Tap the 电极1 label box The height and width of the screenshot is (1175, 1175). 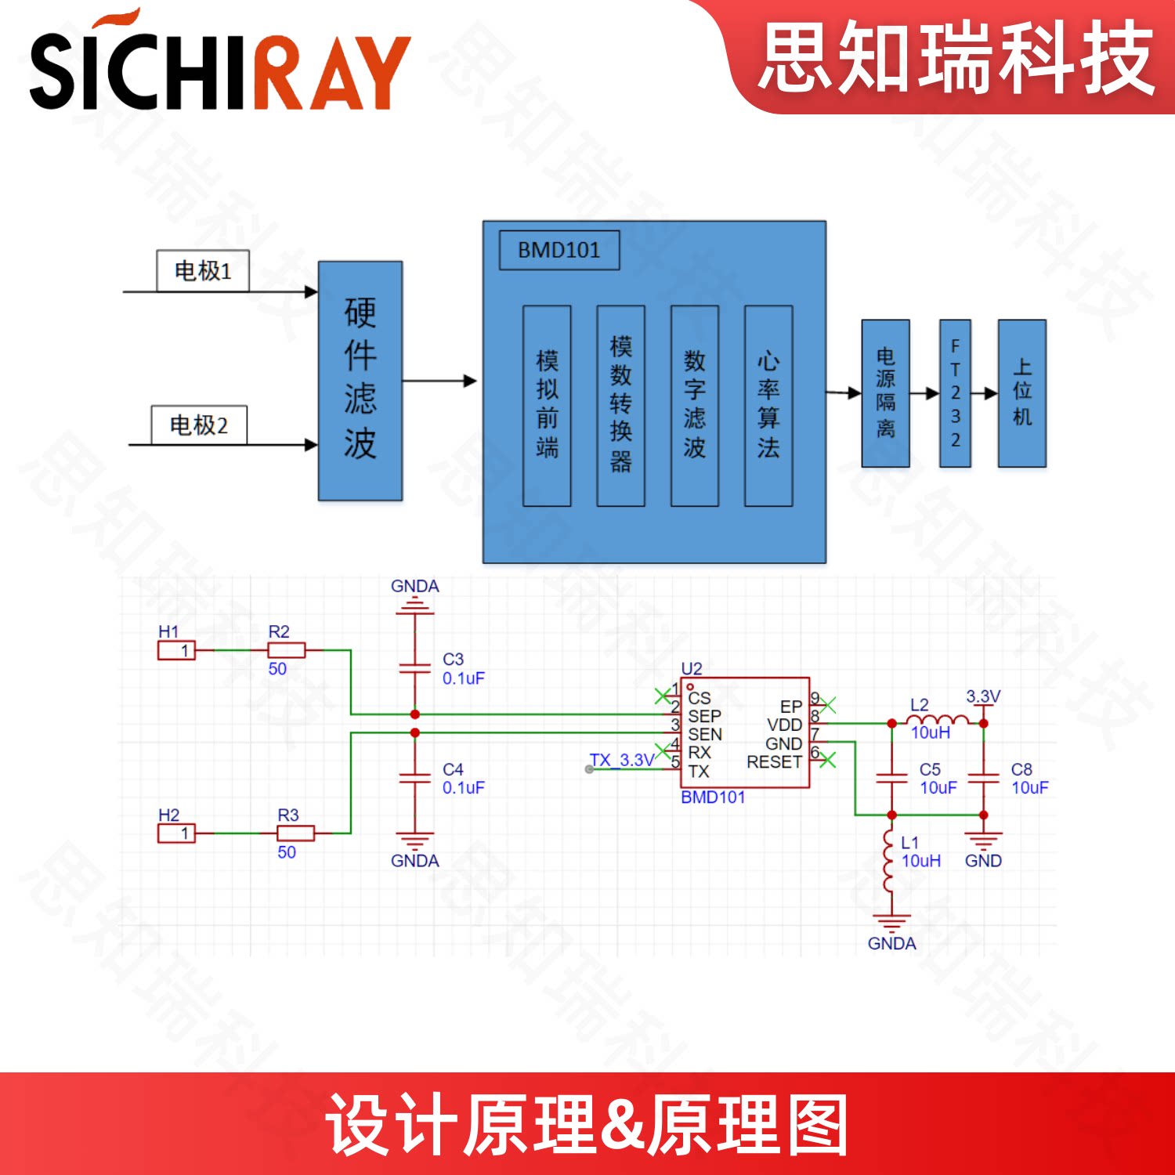tap(203, 271)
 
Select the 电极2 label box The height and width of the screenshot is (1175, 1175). tap(199, 425)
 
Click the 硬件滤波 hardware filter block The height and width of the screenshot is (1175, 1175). tap(360, 381)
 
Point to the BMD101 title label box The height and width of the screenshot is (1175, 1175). tap(559, 250)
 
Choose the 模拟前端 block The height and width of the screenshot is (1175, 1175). tap(547, 405)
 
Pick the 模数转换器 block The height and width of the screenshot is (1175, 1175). tap(620, 405)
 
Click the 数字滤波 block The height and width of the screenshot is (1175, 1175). tap(695, 405)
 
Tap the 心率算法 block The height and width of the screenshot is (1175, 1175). tap(768, 405)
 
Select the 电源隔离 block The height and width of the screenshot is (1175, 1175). tap(885, 393)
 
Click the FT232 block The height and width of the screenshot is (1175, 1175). tap(955, 393)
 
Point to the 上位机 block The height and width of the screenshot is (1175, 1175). tap(1021, 393)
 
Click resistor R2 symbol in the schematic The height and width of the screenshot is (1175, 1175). tap(287, 650)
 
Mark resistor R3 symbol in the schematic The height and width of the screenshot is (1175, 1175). tap(296, 833)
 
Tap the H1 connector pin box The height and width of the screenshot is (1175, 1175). tap(176, 650)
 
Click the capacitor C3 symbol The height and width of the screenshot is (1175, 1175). tap(415, 668)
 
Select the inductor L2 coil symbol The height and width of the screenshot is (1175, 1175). tap(937, 721)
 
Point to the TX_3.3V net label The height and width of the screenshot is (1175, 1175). tap(622, 760)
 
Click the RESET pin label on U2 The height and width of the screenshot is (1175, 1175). tap(774, 761)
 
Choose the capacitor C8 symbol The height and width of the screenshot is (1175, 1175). tap(983, 778)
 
